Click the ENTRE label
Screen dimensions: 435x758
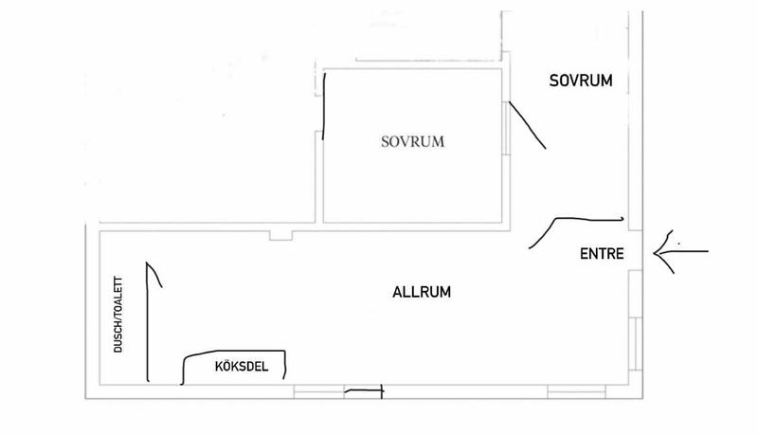tap(600, 254)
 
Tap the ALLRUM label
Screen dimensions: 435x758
tap(421, 292)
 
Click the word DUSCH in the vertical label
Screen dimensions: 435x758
tap(118, 335)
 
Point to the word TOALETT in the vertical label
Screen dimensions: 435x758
tap(118, 290)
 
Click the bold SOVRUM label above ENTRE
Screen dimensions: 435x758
tap(581, 82)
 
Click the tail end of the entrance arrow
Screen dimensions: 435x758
tap(706, 251)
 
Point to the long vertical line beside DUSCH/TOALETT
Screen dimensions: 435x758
tap(147, 327)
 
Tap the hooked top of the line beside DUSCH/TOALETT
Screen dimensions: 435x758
tap(154, 273)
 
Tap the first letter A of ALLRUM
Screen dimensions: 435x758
tap(397, 292)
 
